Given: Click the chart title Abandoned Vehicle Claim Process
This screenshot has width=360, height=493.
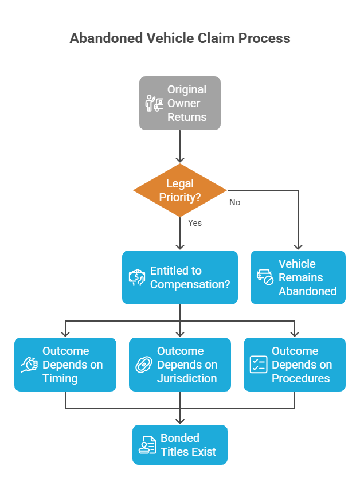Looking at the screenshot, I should [x=180, y=38].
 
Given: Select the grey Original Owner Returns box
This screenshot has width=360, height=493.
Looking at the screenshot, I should [x=180, y=103].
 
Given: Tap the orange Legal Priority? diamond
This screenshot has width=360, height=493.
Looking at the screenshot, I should [x=180, y=190].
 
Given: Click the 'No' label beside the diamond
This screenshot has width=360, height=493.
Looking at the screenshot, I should [x=234, y=202].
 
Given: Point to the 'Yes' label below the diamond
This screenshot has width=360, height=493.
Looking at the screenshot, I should [x=195, y=222].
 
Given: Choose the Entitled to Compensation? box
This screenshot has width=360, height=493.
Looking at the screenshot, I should [x=180, y=277].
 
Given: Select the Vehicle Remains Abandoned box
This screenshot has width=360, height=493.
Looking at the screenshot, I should [x=298, y=277].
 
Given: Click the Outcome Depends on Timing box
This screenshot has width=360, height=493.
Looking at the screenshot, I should [x=65, y=365].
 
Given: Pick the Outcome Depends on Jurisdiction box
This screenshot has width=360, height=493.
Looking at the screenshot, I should [x=180, y=365].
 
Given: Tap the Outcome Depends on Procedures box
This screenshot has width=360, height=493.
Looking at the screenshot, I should [x=295, y=365].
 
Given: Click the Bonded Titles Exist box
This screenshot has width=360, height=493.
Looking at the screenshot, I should [x=180, y=445].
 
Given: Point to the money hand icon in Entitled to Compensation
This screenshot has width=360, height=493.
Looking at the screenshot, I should [x=137, y=278].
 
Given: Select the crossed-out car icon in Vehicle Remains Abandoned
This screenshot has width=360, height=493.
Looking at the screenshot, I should [x=265, y=277].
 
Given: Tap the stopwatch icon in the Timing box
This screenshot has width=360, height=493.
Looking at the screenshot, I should [x=29, y=365].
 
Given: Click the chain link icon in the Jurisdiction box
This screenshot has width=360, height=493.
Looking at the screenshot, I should [x=144, y=365].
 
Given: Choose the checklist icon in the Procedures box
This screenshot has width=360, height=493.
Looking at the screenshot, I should [x=258, y=365].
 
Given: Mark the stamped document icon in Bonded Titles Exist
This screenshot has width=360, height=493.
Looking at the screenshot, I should [x=147, y=445].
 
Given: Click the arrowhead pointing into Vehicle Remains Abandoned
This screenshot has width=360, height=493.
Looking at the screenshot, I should [x=298, y=246].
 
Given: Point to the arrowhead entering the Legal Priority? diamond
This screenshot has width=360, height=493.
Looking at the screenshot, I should [x=180, y=160].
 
